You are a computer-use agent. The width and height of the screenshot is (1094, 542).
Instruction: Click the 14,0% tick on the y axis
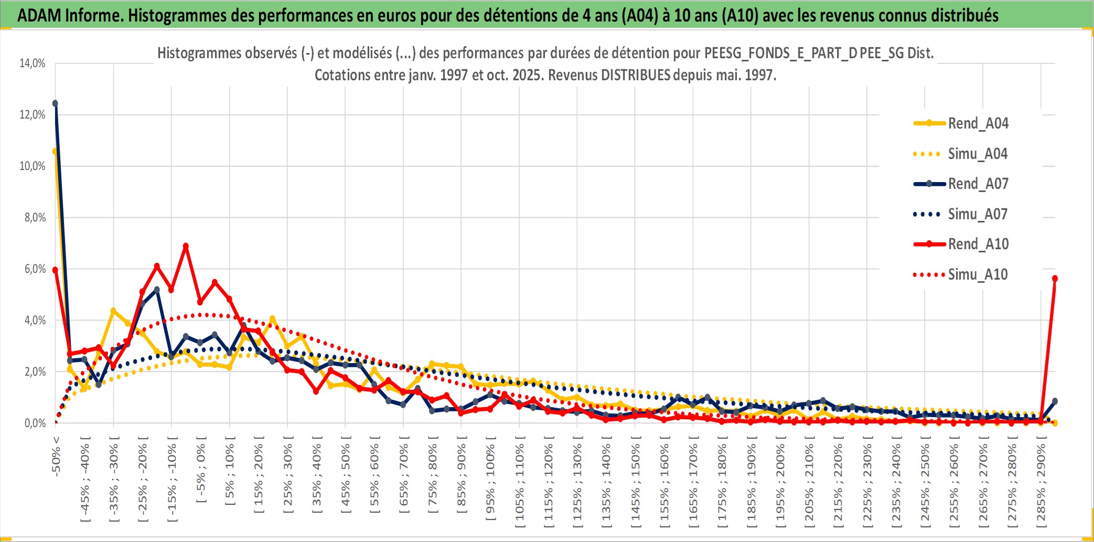[33, 63]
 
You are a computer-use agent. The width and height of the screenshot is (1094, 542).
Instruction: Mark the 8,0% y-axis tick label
[35, 217]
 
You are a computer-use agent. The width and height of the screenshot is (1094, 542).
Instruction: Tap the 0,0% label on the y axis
[35, 423]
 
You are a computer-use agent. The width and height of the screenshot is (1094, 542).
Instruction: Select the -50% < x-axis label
[56, 456]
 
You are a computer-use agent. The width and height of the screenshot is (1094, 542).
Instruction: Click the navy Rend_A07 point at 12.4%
[55, 103]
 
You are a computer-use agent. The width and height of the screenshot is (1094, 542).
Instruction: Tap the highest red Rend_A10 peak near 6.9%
[186, 246]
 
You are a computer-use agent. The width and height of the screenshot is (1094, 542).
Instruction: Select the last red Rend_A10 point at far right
[1055, 279]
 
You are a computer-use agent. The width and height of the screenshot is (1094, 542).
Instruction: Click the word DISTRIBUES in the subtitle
[636, 75]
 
